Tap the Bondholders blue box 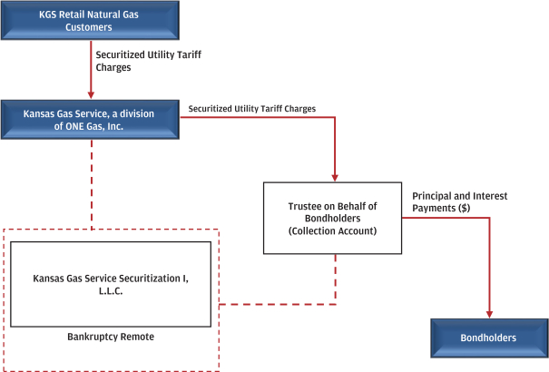click(488, 338)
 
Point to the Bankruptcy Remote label click(111, 337)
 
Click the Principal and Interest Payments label click(459, 201)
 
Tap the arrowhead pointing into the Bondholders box click(489, 314)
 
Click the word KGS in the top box click(50, 15)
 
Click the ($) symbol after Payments click(465, 208)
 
